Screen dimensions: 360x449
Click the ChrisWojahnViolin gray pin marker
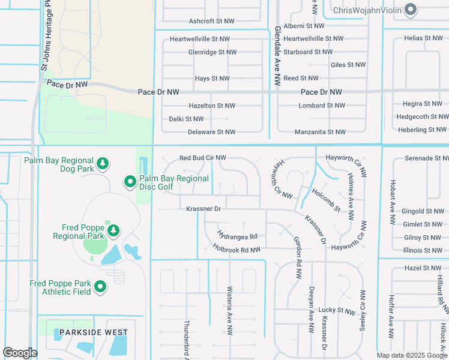point(411,9)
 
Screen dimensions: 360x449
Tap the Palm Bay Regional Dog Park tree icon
point(103,163)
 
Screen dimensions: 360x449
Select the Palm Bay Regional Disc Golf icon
point(130,181)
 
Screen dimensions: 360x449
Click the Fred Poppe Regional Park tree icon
point(113,230)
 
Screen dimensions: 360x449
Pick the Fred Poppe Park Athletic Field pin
point(101,288)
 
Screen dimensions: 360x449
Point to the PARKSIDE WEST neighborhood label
point(92,332)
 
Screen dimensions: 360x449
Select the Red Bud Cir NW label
point(203,158)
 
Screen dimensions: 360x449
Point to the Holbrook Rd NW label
point(237,249)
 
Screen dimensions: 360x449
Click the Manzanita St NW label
point(320,132)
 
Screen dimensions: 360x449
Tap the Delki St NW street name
point(186,119)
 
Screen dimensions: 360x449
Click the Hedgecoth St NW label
point(422,116)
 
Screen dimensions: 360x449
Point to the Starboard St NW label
point(307,52)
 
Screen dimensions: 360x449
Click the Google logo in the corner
point(20,353)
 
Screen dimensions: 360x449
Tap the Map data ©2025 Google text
point(411,355)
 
